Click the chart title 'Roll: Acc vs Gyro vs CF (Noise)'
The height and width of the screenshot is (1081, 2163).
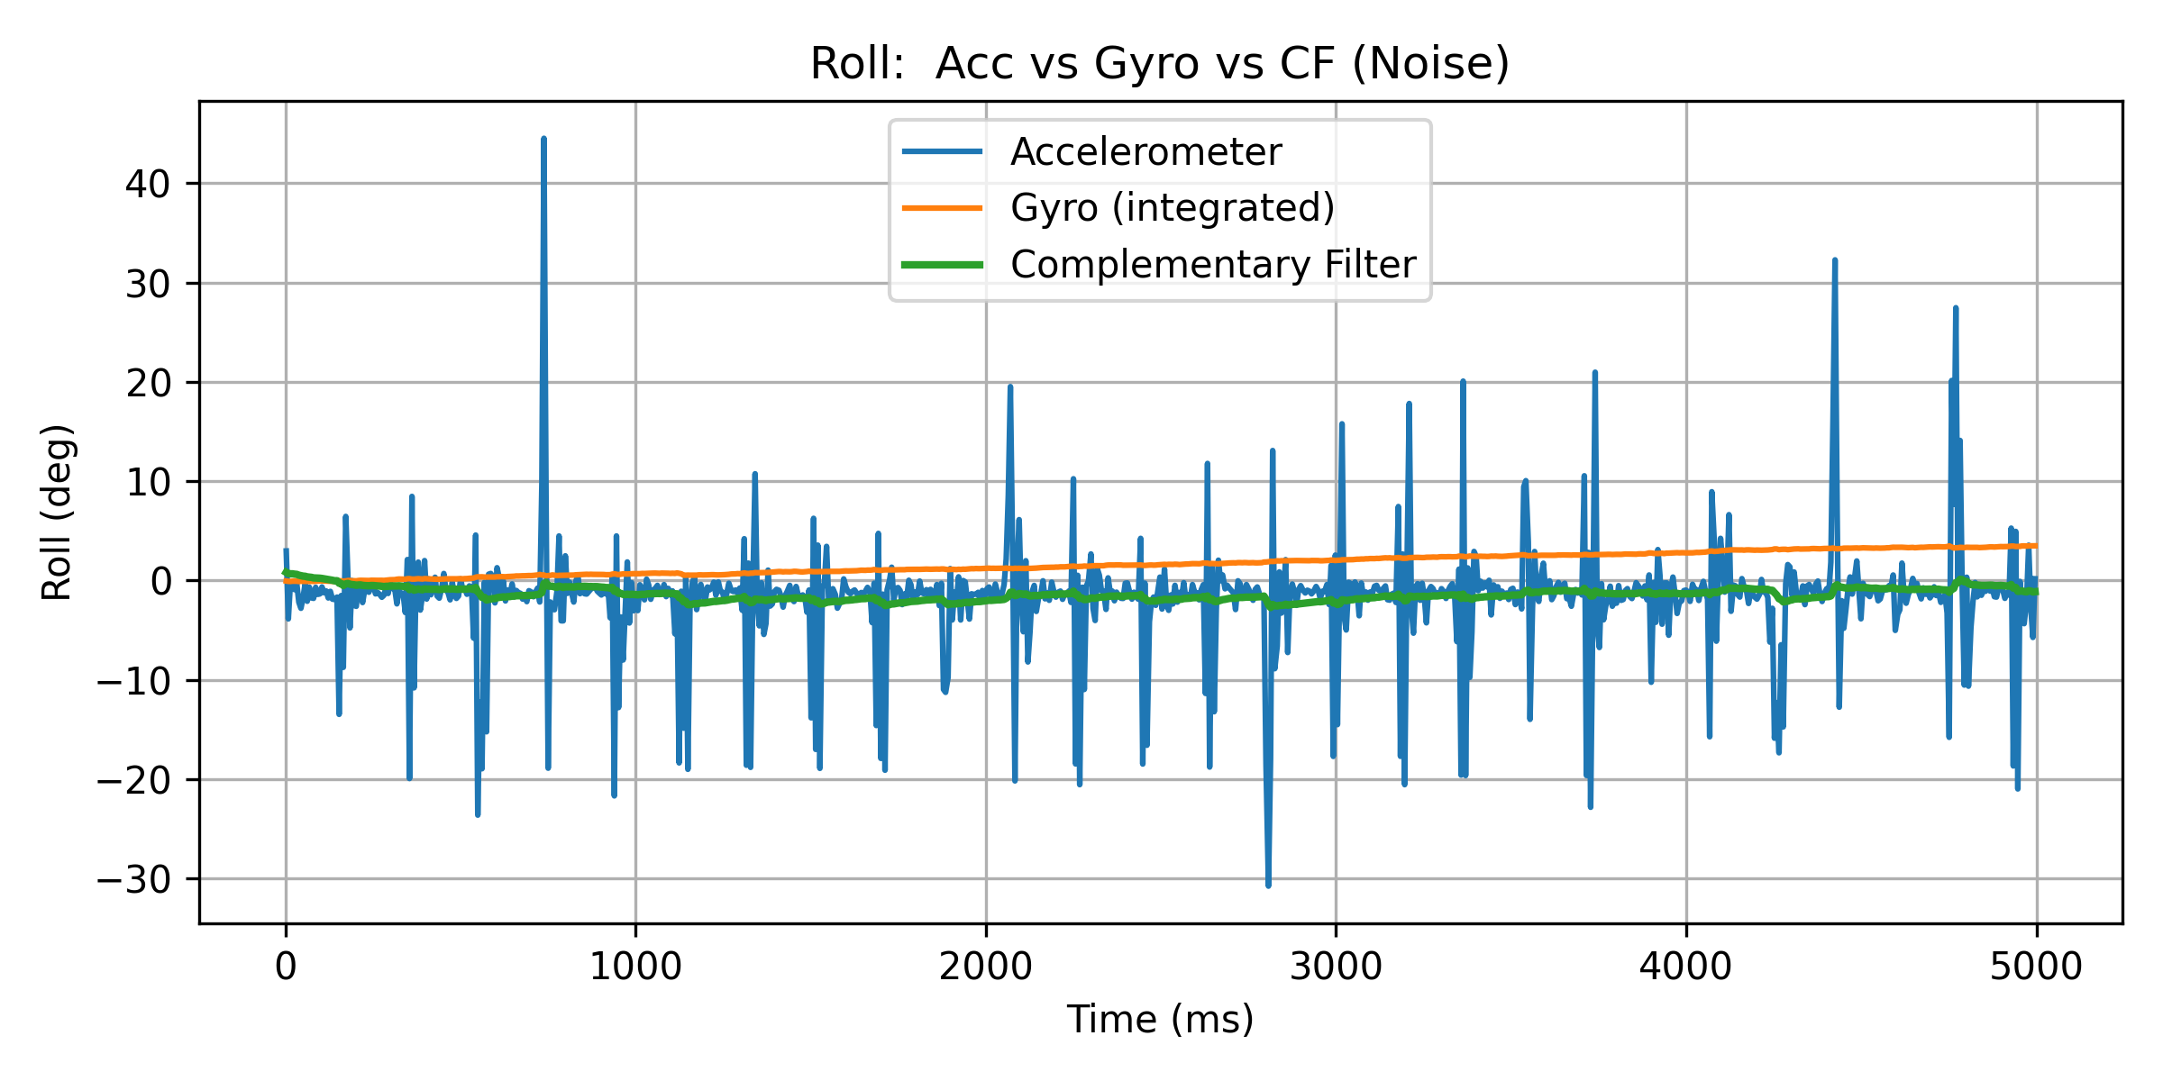(1159, 64)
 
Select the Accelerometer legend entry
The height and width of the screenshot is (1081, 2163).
(1145, 151)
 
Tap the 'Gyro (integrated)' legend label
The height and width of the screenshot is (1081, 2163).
(1172, 208)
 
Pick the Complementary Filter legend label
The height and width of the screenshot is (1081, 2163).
(1212, 265)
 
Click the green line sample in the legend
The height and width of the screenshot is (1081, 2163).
(943, 265)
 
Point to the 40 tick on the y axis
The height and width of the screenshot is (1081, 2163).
(148, 184)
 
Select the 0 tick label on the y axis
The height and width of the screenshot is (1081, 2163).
(160, 582)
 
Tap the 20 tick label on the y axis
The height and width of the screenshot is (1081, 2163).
(148, 383)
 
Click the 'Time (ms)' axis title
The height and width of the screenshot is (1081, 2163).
(1160, 1020)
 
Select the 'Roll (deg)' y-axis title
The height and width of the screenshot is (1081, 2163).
(57, 512)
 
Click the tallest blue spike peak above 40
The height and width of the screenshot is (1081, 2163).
(543, 140)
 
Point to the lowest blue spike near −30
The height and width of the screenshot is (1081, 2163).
(1268, 885)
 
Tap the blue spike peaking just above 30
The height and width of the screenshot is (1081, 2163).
(1834, 261)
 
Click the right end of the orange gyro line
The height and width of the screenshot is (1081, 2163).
(2035, 546)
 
